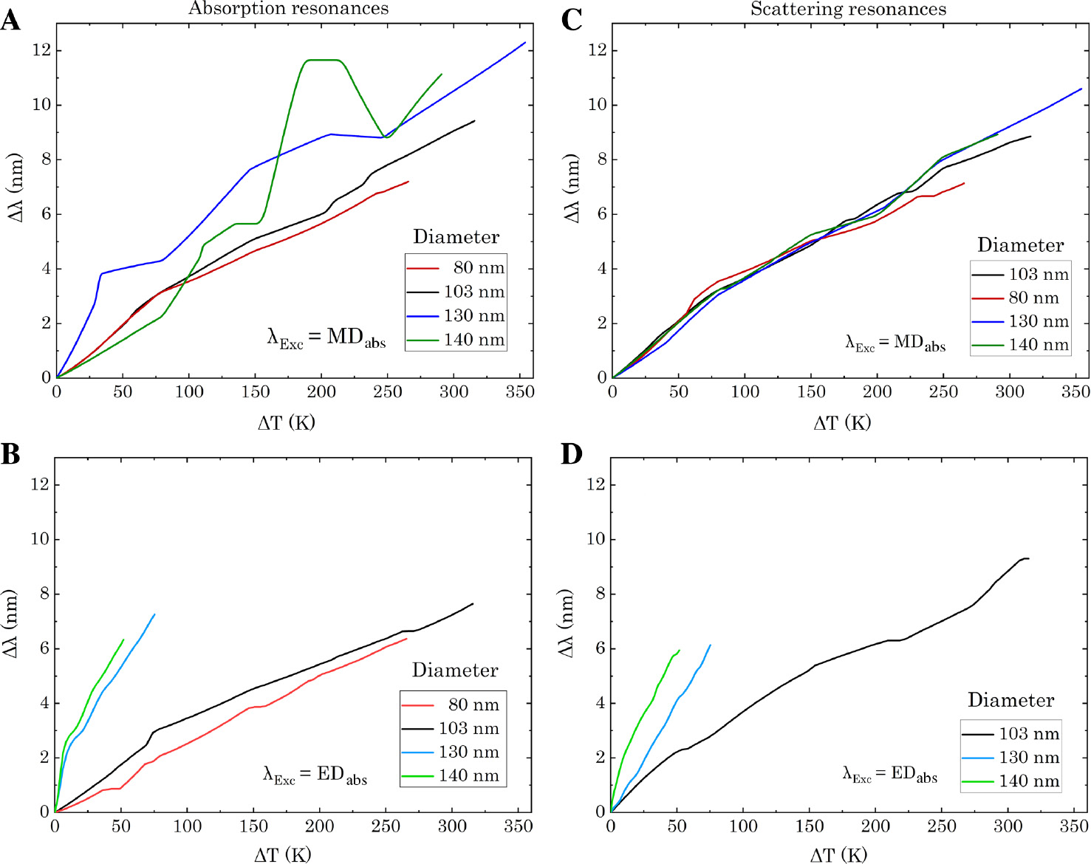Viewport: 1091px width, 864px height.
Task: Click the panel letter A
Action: (x=10, y=19)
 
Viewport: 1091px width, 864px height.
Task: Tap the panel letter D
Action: (x=572, y=453)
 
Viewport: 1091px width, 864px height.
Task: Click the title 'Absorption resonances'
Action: (x=288, y=9)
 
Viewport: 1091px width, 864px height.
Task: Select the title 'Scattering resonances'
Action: (x=848, y=9)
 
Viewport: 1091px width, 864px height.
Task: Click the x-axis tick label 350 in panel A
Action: (x=519, y=392)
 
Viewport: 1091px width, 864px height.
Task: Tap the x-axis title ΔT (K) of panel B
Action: (x=282, y=854)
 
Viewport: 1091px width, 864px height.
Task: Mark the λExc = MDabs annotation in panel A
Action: (x=326, y=338)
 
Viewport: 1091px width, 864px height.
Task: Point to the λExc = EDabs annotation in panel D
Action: (x=889, y=774)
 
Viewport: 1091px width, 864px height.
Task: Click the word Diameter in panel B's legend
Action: (x=454, y=670)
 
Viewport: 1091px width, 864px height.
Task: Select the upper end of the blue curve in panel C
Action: (x=1081, y=89)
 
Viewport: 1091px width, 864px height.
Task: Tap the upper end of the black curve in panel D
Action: (x=1027, y=558)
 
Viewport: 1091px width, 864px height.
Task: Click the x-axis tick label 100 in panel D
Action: (x=743, y=826)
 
